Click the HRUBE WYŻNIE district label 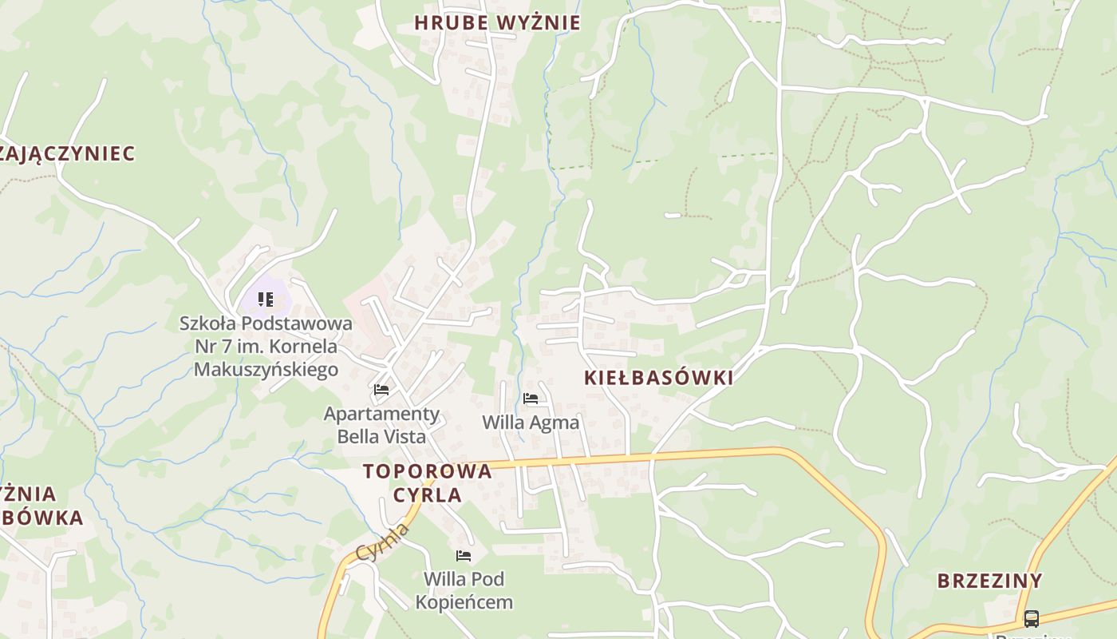point(497,22)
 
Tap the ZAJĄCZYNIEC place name point(67,153)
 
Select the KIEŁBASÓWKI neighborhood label point(658,378)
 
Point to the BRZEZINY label point(989,581)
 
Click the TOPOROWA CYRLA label point(427,482)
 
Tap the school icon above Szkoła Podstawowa point(266,300)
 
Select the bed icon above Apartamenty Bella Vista point(381,390)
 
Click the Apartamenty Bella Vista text point(381,425)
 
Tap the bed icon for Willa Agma point(531,399)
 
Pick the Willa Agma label point(531,422)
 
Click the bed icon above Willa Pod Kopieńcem point(464,555)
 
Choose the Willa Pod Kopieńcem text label point(464,590)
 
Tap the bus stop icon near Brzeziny point(1031,618)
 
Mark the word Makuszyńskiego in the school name point(266,370)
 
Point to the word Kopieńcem point(464,601)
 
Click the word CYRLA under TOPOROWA point(427,494)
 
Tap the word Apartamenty point(381,414)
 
